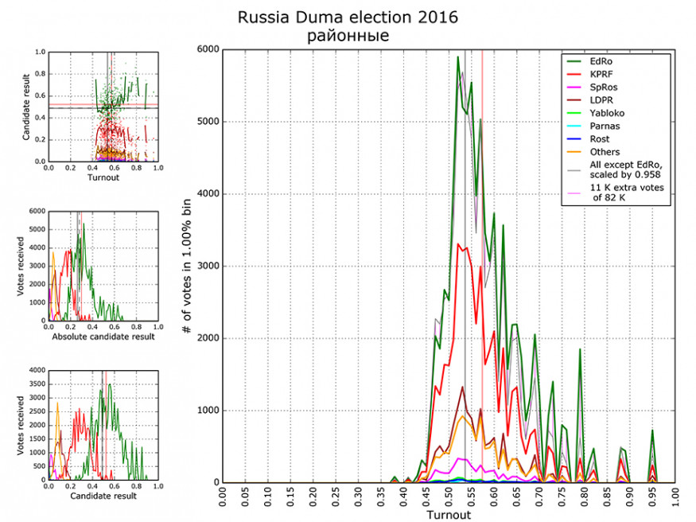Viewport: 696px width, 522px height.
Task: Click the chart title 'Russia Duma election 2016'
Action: (348, 17)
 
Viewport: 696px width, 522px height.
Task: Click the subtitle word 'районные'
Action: (348, 35)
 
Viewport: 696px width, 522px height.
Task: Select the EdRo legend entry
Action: (601, 60)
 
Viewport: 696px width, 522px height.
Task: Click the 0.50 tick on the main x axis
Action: (449, 497)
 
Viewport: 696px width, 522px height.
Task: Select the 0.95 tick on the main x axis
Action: (653, 497)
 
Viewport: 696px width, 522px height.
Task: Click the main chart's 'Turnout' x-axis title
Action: (449, 515)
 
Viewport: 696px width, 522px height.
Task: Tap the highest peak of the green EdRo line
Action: (457, 56)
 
